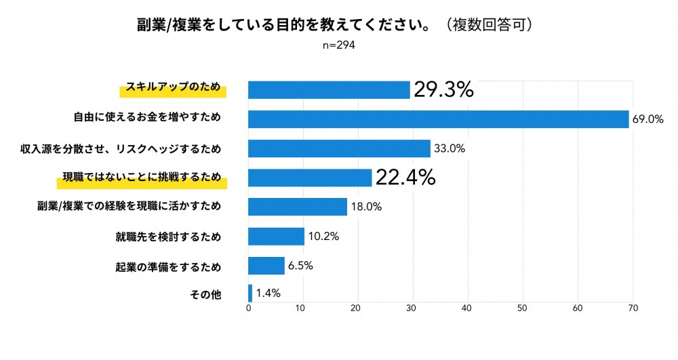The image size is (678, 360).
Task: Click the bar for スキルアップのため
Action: [329, 89]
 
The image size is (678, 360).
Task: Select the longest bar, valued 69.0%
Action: [439, 119]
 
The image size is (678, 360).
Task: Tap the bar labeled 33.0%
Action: [339, 148]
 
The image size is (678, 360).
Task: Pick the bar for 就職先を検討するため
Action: [276, 237]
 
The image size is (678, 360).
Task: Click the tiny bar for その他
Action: [250, 293]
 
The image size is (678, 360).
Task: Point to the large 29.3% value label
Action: [443, 89]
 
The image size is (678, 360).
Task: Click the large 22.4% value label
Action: [405, 178]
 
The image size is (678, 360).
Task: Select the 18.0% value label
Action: [366, 207]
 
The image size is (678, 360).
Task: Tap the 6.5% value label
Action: [300, 266]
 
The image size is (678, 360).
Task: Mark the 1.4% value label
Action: [268, 293]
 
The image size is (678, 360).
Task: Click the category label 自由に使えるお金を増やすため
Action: [147, 118]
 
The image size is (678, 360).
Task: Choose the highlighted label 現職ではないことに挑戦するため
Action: [142, 178]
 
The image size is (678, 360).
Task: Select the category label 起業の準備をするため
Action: [168, 266]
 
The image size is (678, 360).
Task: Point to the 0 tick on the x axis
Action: [249, 308]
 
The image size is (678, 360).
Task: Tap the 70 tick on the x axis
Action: [632, 308]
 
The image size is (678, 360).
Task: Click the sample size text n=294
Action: [338, 45]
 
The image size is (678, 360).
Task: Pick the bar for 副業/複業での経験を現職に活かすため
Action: [298, 207]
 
